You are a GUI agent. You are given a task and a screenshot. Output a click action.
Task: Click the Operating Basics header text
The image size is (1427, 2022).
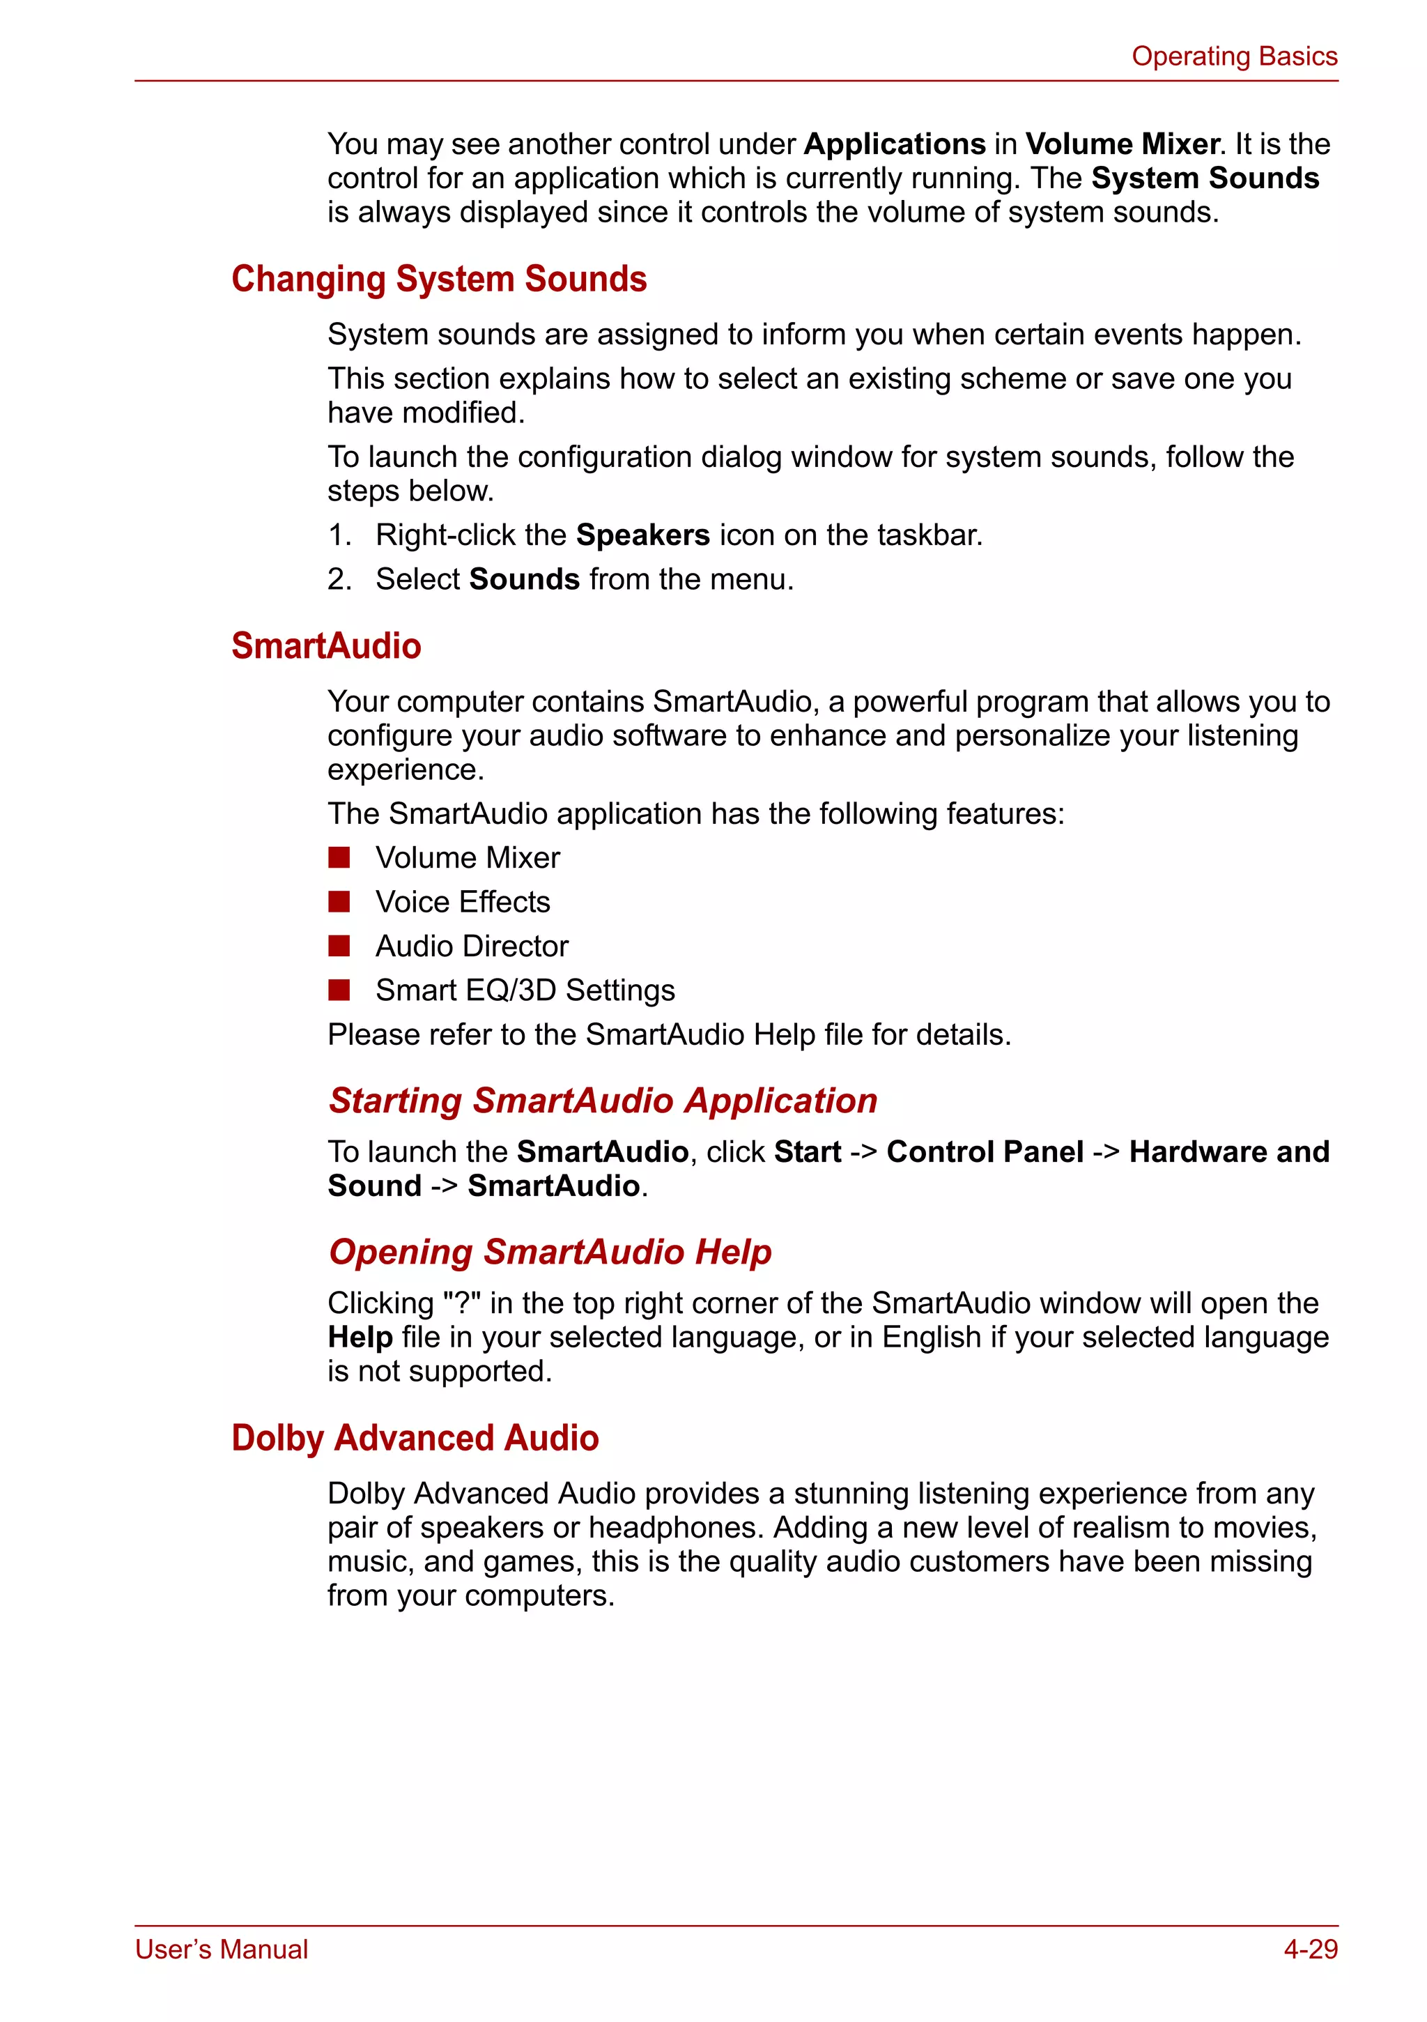click(1233, 56)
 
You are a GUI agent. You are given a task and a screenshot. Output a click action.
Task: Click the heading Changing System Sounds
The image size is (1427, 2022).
click(438, 279)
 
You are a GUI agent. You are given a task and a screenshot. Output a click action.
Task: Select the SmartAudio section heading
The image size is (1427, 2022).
click(325, 645)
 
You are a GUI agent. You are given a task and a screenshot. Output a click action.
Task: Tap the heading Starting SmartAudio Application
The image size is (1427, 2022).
click(602, 1101)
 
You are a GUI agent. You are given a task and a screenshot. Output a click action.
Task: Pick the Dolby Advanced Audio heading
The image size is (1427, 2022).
click(415, 1438)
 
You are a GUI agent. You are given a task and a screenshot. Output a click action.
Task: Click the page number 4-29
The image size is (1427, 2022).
click(1310, 1949)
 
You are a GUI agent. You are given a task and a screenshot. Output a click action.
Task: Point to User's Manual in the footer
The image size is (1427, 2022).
click(221, 1949)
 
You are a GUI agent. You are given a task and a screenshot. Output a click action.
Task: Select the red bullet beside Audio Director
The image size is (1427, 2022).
click(339, 946)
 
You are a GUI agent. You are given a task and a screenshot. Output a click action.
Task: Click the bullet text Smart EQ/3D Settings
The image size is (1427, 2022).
click(525, 990)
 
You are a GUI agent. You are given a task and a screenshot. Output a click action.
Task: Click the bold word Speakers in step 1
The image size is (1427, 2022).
click(642, 535)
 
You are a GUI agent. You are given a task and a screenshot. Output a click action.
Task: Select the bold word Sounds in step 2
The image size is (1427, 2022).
click(525, 579)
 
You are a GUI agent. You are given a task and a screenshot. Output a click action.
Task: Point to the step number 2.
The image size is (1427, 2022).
click(338, 579)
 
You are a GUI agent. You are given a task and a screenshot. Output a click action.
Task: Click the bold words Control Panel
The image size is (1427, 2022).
click(985, 1152)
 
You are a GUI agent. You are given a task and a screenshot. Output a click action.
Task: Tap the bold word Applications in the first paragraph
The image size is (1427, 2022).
click(895, 144)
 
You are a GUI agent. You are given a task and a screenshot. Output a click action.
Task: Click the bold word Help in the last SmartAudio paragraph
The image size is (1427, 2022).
click(360, 1338)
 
